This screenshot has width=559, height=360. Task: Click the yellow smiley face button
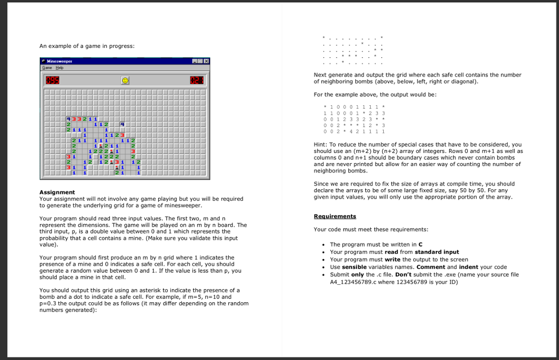click(x=126, y=81)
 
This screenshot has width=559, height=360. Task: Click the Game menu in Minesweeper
click(x=47, y=68)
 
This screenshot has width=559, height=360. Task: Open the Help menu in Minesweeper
click(x=59, y=68)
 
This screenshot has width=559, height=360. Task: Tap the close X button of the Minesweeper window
click(x=206, y=61)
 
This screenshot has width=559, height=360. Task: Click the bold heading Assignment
click(x=57, y=192)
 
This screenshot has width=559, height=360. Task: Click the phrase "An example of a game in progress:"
click(x=87, y=46)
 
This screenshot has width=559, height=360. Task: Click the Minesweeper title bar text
click(x=60, y=61)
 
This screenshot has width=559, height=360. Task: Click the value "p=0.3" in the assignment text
click(x=48, y=303)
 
